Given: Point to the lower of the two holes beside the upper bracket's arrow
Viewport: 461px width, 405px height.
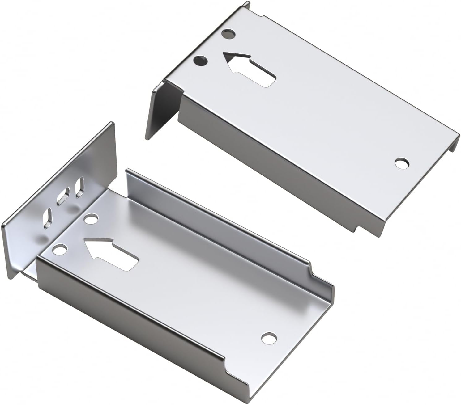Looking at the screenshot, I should pos(201,61).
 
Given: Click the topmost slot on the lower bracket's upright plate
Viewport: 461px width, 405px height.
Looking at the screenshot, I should pos(80,187).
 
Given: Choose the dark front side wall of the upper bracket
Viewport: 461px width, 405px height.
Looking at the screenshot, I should pos(278,164).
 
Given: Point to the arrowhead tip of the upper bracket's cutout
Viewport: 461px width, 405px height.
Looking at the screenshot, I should pos(225,55).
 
